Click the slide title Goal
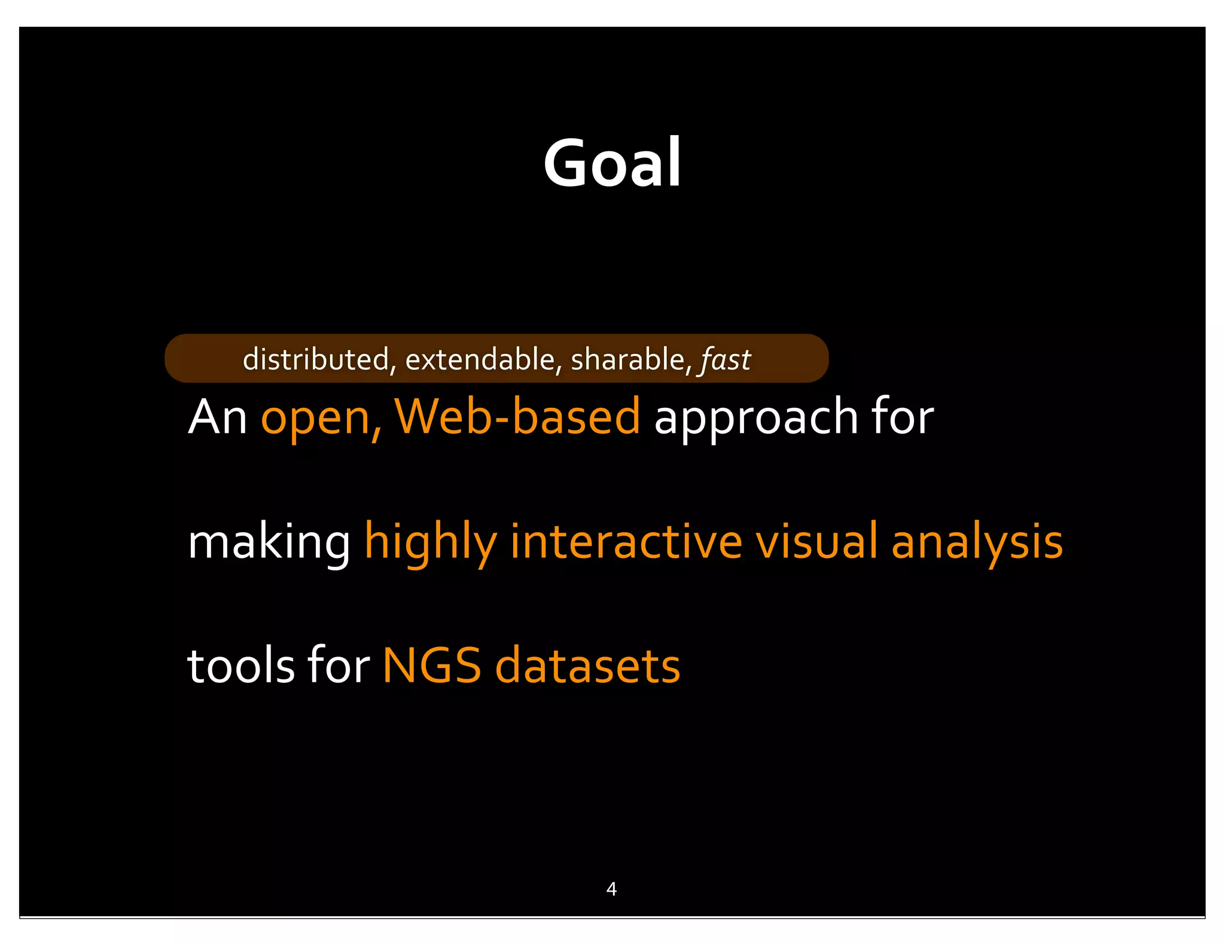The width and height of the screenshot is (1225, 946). pyautogui.click(x=612, y=163)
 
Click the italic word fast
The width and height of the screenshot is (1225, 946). pyautogui.click(x=726, y=360)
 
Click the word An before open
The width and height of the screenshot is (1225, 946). pyautogui.click(x=218, y=417)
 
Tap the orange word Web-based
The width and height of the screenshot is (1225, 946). pyautogui.click(x=517, y=417)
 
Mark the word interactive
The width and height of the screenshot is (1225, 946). pyautogui.click(x=626, y=541)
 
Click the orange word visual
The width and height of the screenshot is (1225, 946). pyautogui.click(x=816, y=541)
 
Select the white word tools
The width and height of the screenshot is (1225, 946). pyautogui.click(x=241, y=666)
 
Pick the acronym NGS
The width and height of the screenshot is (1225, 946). pyautogui.click(x=432, y=666)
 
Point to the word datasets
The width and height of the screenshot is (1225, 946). pyautogui.click(x=587, y=666)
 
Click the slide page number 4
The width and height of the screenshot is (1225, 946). pyautogui.click(x=611, y=889)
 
